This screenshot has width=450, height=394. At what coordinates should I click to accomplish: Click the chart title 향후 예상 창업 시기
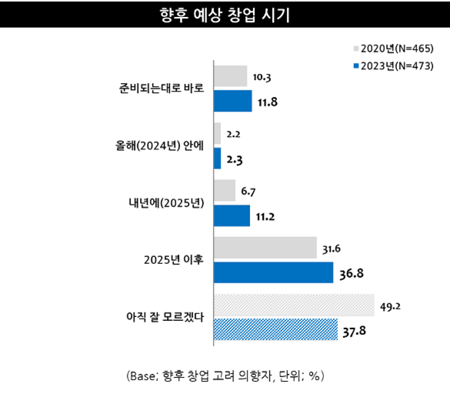point(225,15)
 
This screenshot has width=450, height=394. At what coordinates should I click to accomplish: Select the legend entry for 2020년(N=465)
point(392,48)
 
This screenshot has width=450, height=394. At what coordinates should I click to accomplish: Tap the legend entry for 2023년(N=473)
point(392,65)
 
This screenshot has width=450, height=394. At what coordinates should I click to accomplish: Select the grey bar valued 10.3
point(230,75)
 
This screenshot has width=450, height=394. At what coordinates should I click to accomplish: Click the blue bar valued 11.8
point(232,101)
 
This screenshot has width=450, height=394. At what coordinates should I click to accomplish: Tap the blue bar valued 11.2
point(232,215)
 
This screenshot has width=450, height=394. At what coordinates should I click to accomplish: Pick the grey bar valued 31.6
point(265,247)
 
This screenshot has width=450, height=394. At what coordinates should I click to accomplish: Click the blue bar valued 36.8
point(273,272)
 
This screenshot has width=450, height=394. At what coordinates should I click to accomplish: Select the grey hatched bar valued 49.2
point(293,305)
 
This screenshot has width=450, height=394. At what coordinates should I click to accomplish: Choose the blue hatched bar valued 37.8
point(275,329)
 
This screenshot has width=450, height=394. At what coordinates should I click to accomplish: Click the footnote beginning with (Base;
point(225,376)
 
